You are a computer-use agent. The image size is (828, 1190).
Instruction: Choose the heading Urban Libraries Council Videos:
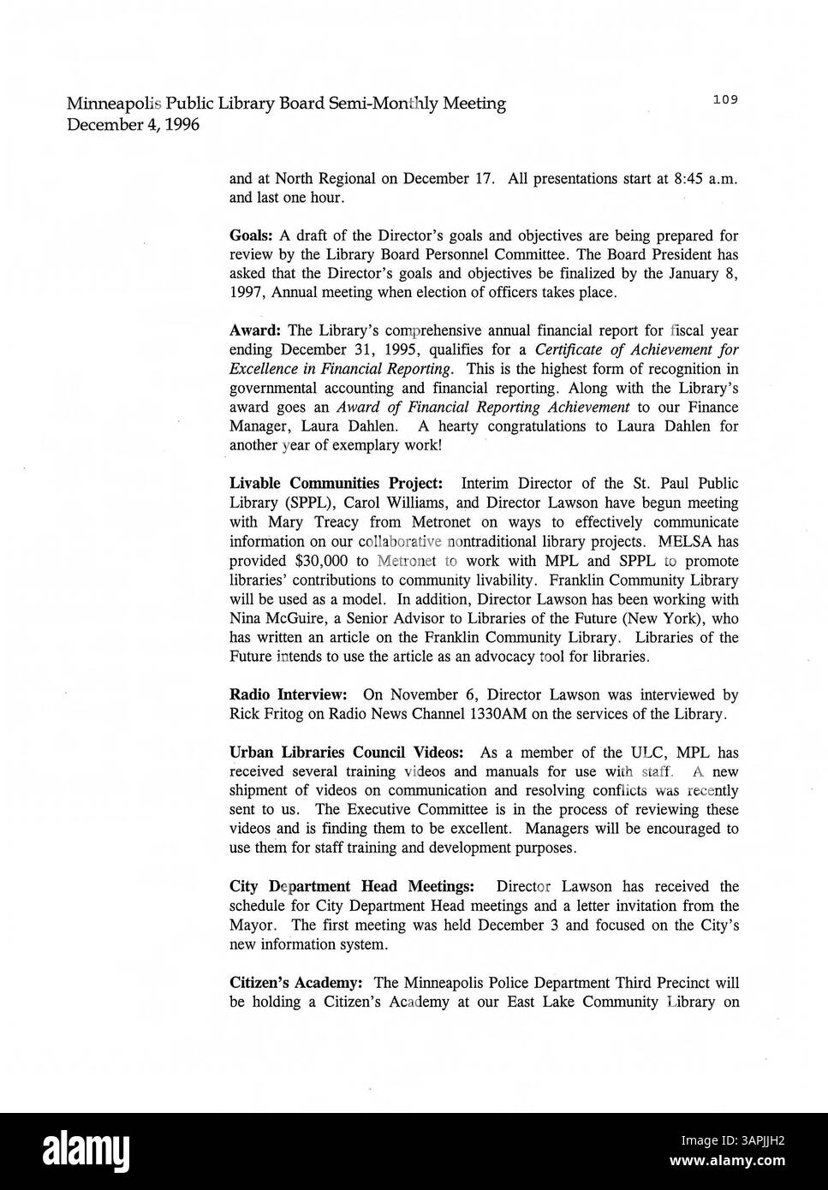tap(347, 753)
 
